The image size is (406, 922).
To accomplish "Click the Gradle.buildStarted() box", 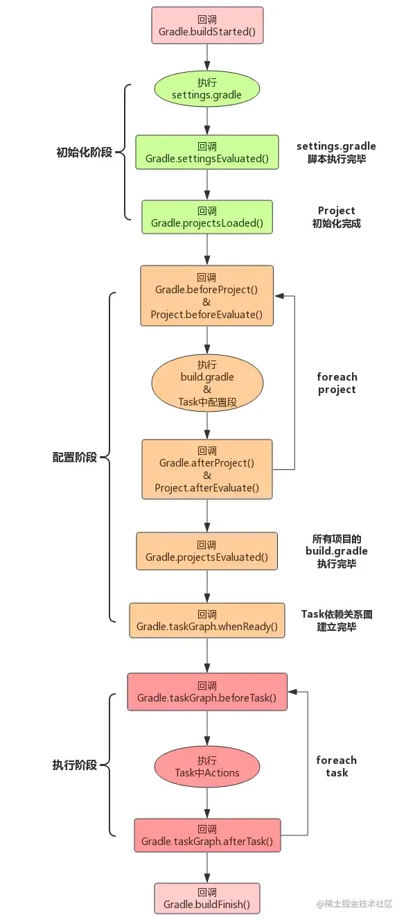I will pos(206,26).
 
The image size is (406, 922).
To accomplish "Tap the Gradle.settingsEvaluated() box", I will pos(206,153).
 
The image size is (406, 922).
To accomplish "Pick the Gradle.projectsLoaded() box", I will pos(206,216).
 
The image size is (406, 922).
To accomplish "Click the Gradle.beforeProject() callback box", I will pos(206,295).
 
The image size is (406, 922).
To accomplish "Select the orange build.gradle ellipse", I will pos(206,383).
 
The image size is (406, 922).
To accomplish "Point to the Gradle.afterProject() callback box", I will pos(206,469).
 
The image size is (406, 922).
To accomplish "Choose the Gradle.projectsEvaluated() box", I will pos(206,551).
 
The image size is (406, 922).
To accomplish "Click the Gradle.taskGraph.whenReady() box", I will pos(206,620).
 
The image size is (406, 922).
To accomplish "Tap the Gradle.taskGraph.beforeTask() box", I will pos(206,692).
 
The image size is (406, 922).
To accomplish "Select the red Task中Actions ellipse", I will pos(206,767).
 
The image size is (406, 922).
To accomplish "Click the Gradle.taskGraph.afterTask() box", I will pos(206,835).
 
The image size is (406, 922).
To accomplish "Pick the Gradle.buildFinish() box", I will pos(206,899).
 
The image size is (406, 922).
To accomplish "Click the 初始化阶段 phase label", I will pos(84,152).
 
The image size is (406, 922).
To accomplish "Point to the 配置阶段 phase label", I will pos(74,458).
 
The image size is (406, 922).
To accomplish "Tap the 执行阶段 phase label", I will pos(74,765).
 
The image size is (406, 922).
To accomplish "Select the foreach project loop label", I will pos(337,383).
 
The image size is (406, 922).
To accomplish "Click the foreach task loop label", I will pos(337,766).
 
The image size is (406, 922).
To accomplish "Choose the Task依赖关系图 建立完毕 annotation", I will pos(337,620).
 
